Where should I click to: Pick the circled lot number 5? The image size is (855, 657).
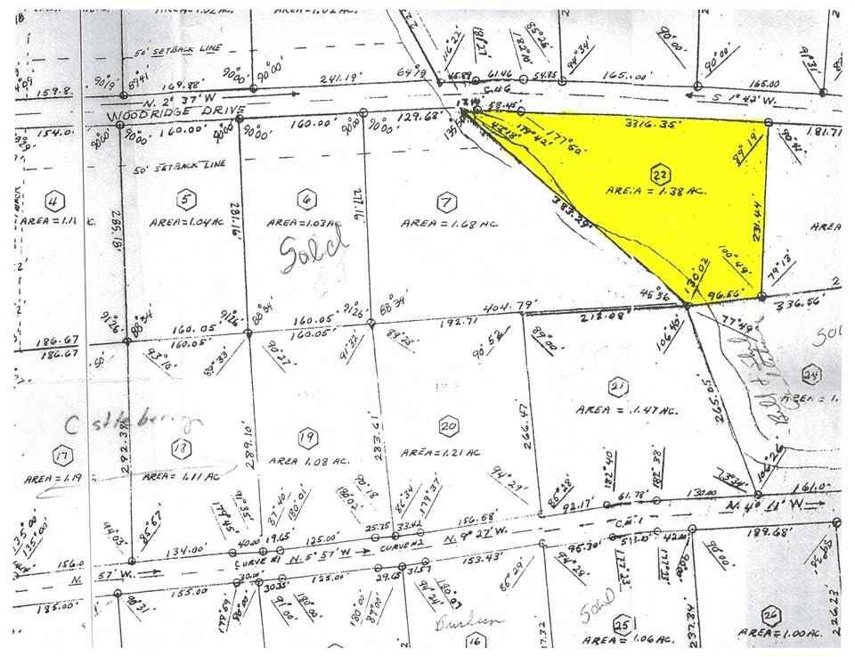click(184, 198)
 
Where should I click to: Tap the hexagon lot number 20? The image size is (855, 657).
click(449, 427)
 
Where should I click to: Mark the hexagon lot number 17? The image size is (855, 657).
click(61, 454)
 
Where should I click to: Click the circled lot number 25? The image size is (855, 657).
click(623, 625)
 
